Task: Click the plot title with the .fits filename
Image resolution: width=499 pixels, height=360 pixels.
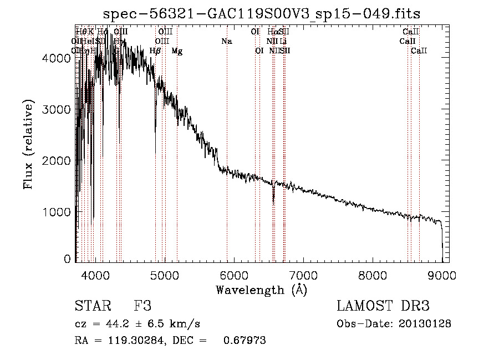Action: (262, 13)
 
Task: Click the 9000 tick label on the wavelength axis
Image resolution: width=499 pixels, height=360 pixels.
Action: (442, 275)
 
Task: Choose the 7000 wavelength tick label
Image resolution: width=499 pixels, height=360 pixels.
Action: (303, 275)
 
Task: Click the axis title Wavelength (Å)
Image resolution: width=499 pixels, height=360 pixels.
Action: (261, 290)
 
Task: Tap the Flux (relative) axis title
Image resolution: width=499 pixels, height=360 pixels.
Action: (29, 144)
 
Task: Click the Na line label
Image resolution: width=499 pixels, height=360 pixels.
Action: (226, 42)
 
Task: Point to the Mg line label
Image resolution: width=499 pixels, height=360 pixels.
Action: (177, 51)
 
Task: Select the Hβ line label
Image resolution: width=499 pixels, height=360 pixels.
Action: (155, 51)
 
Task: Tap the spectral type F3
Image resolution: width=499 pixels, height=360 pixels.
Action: (142, 306)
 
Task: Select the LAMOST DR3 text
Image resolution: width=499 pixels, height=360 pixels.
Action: (383, 306)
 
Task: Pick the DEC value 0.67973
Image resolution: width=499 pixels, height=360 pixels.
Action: (245, 341)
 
